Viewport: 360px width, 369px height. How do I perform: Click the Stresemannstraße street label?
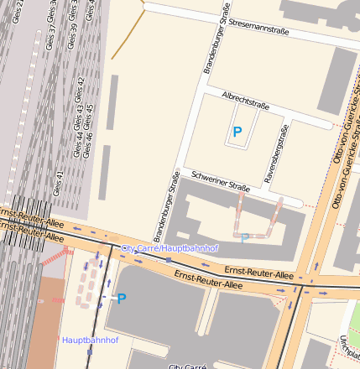click(x=258, y=30)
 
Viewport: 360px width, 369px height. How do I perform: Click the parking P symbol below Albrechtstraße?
click(x=237, y=132)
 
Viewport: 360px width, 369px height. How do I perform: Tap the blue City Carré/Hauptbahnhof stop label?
click(x=170, y=249)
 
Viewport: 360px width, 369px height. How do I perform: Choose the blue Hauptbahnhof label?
click(x=90, y=340)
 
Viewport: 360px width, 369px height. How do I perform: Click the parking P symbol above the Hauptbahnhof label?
click(x=121, y=298)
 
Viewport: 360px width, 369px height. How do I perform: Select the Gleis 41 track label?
click(x=58, y=183)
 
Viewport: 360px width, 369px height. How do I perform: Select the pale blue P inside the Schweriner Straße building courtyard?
click(x=244, y=238)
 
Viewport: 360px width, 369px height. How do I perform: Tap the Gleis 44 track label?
click(x=78, y=139)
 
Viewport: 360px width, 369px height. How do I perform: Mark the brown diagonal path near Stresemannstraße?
click(x=128, y=37)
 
